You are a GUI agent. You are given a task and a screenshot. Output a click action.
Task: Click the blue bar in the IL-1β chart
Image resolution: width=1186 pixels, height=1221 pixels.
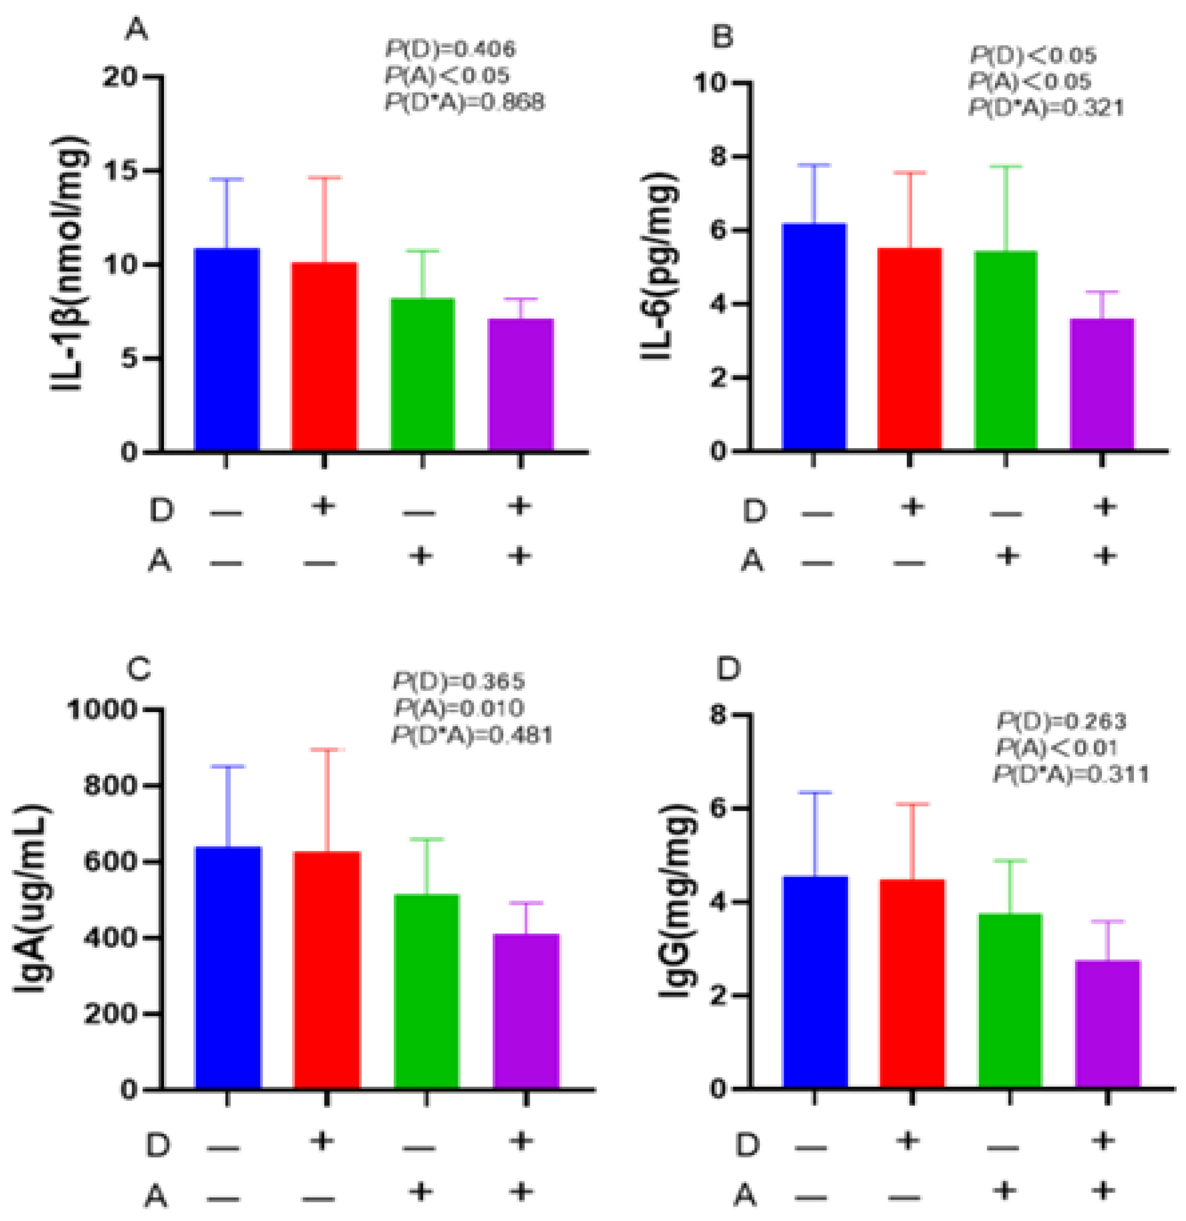227,349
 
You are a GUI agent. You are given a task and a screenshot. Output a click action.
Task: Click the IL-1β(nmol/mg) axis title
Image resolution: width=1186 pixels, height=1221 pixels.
69,264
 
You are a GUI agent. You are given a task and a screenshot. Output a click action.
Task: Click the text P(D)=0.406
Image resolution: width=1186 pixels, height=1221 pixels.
450,49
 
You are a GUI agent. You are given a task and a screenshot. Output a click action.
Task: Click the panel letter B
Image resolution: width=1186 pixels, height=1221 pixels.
722,38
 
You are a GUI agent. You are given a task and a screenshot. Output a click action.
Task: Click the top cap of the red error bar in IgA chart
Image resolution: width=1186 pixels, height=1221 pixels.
327,750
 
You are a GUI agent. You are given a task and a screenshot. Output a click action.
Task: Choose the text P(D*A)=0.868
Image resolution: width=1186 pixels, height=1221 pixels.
465,102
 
